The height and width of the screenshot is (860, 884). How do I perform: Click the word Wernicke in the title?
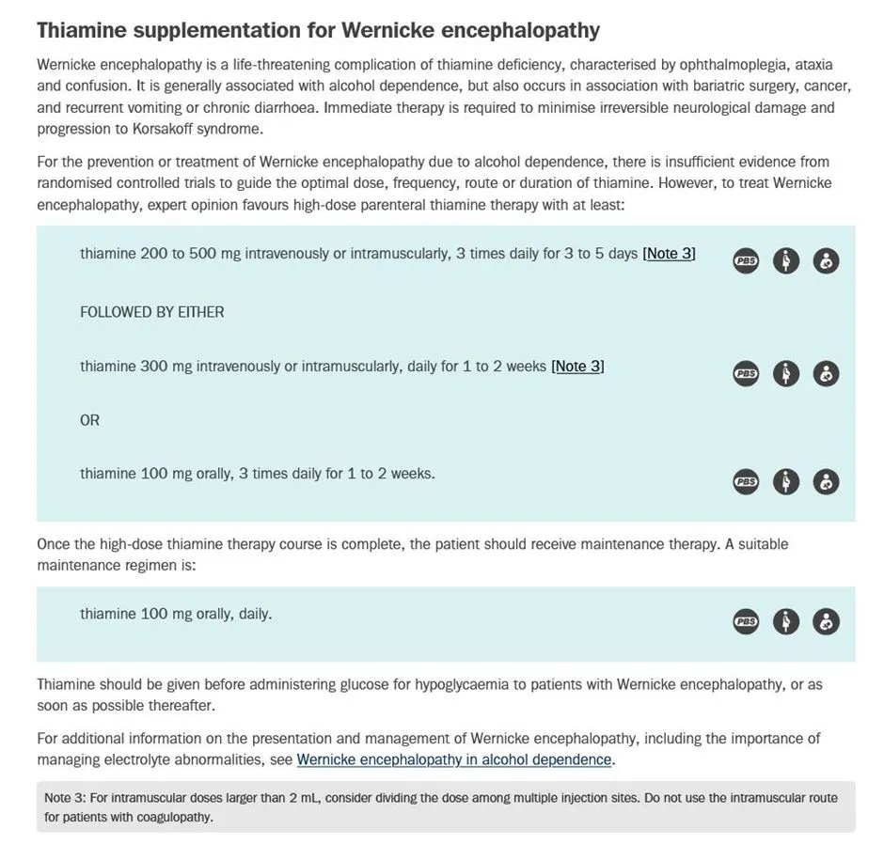[387, 30]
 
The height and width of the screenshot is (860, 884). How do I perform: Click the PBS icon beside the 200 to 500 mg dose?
[746, 261]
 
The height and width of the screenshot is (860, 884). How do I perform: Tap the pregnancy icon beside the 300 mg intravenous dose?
[786, 374]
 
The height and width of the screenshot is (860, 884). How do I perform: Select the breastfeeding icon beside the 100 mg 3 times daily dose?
[826, 482]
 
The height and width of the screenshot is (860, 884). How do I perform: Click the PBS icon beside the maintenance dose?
[746, 622]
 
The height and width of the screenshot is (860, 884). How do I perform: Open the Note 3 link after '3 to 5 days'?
[669, 254]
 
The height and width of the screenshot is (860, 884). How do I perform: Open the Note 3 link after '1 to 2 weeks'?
[577, 367]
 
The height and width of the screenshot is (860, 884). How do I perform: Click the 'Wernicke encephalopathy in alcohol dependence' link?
[454, 759]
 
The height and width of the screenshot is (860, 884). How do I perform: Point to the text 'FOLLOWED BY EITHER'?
[152, 312]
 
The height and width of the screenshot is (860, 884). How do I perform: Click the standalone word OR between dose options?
[89, 420]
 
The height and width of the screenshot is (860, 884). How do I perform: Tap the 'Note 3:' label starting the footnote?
[65, 798]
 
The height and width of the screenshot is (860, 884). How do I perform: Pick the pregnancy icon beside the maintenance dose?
[786, 622]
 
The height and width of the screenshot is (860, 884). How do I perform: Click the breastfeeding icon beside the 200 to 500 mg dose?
[826, 261]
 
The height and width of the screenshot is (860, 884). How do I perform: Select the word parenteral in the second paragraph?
[392, 205]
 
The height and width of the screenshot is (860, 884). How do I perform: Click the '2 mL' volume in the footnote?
[305, 798]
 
